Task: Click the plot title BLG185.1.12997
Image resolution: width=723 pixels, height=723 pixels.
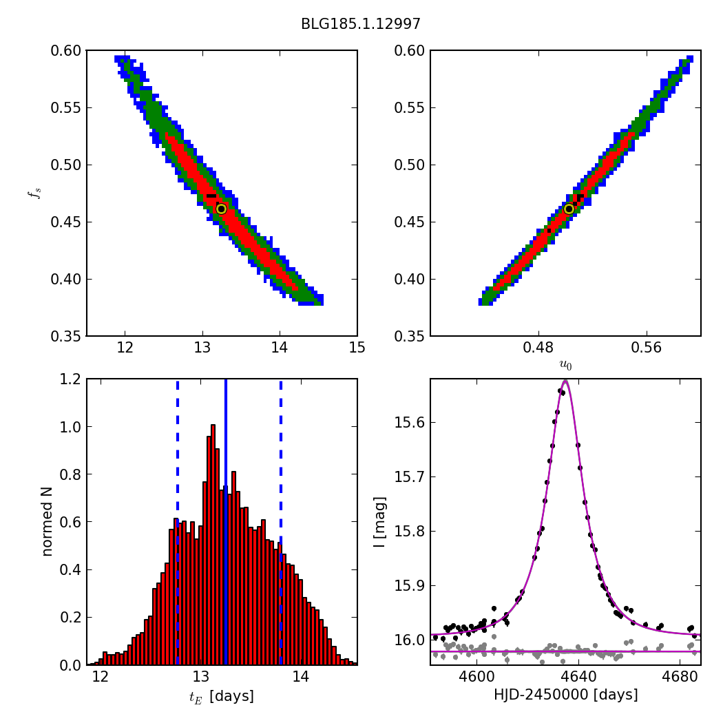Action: pyautogui.click(x=361, y=24)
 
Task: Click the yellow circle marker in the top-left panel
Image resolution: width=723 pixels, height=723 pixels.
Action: pyautogui.click(x=221, y=209)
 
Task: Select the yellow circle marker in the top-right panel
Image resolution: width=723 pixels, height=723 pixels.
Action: pyautogui.click(x=569, y=209)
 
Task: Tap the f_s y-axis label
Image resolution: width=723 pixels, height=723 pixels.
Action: pyautogui.click(x=32, y=193)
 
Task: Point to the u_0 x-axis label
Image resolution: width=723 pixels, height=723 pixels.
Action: pyautogui.click(x=565, y=365)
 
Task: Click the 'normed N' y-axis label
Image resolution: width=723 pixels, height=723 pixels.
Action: pyautogui.click(x=47, y=521)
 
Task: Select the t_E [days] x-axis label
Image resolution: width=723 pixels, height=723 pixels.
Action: pyautogui.click(x=221, y=696)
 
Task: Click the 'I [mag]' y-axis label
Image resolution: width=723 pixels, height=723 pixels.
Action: pyautogui.click(x=379, y=521)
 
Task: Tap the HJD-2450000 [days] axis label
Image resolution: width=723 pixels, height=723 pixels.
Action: pyautogui.click(x=565, y=695)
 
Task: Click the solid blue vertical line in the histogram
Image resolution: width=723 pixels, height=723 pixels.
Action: pyautogui.click(x=225, y=521)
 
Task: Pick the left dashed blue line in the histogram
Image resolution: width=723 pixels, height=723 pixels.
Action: pyautogui.click(x=178, y=521)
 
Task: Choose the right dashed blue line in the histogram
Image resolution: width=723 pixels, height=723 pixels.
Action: pyautogui.click(x=280, y=521)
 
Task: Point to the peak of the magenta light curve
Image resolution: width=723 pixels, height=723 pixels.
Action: pyautogui.click(x=565, y=380)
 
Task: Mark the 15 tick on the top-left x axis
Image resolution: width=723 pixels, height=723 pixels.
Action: pyautogui.click(x=357, y=349)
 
